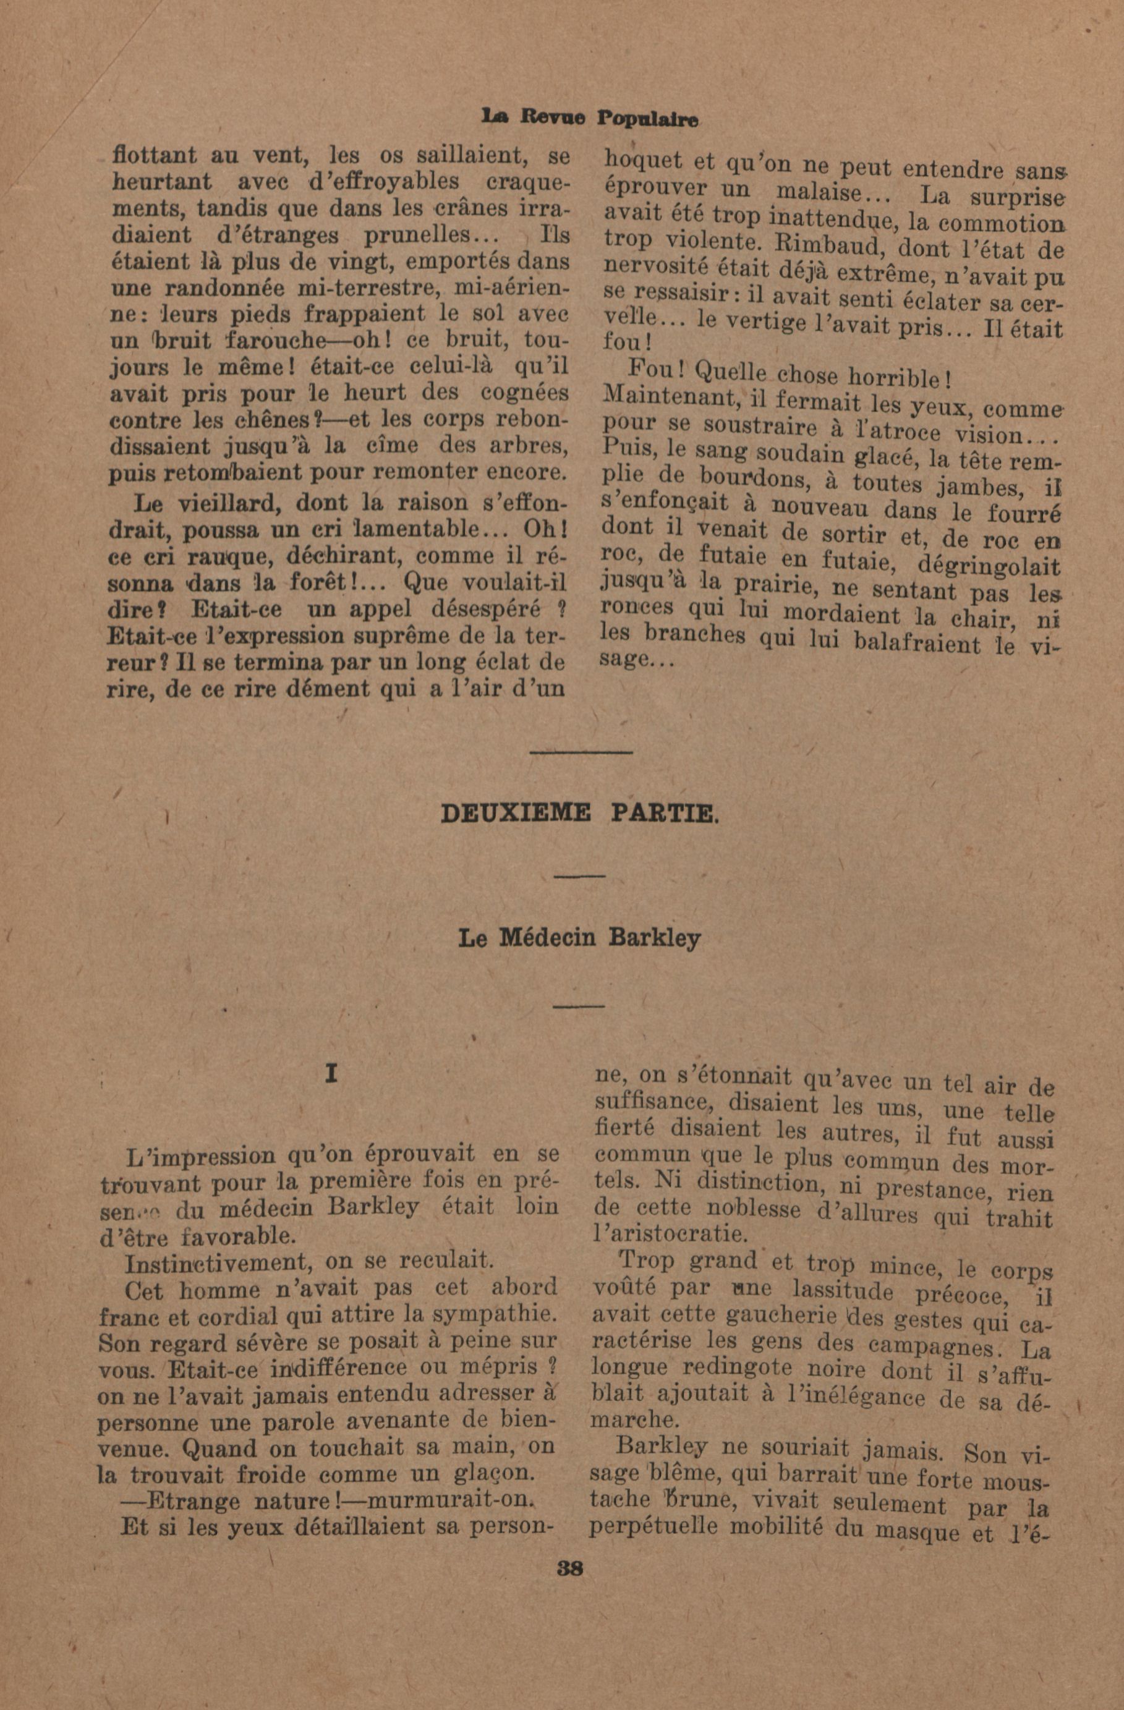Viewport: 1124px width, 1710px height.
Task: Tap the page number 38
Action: (x=571, y=1567)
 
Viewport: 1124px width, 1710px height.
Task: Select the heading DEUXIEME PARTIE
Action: (x=578, y=814)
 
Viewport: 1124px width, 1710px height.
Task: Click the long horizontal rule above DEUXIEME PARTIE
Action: (x=581, y=752)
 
